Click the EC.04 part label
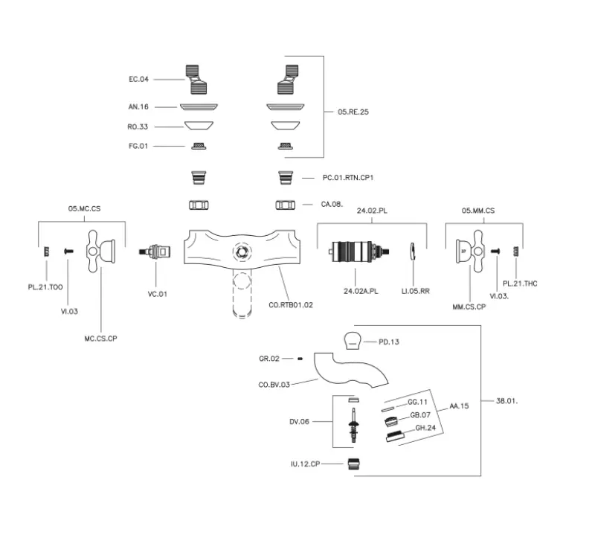tap(139, 79)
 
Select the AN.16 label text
tap(138, 106)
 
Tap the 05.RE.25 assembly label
tap(353, 112)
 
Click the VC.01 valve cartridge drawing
tap(155, 254)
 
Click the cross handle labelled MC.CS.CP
tap(100, 252)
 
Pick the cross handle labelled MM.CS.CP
tap(470, 253)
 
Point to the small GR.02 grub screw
tap(299, 359)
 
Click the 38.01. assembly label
tap(506, 401)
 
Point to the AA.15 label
tap(459, 406)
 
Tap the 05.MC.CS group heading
tap(84, 211)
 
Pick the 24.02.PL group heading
tap(372, 211)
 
